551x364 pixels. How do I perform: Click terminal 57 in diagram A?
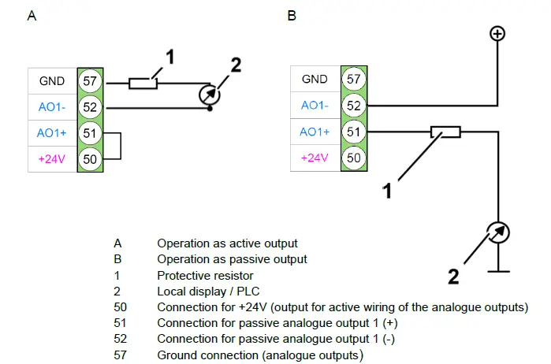(88, 80)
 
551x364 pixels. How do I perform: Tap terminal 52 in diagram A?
(88, 106)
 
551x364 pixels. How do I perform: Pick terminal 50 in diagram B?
(353, 158)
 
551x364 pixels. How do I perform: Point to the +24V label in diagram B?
(315, 158)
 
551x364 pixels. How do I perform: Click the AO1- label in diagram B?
(315, 106)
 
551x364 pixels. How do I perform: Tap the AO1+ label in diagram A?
(50, 132)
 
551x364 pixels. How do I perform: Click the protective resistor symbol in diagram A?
(143, 81)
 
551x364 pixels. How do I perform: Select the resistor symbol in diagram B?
(445, 132)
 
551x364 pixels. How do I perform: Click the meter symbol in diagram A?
(209, 94)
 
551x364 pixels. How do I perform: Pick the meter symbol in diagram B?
(498, 232)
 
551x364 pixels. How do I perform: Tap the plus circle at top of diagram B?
(497, 33)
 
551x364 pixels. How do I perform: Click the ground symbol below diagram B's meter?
(498, 271)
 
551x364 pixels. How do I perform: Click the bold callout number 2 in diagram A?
(236, 64)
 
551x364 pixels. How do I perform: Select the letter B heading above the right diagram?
(292, 16)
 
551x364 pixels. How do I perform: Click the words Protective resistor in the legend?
(205, 276)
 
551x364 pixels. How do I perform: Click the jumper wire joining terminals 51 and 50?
(121, 145)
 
